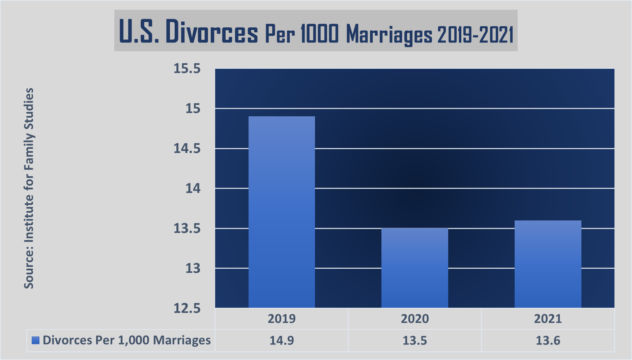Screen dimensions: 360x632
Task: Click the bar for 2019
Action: click(x=282, y=212)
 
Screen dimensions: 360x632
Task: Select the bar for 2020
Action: click(x=414, y=268)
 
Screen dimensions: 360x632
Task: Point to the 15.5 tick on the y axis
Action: click(x=187, y=69)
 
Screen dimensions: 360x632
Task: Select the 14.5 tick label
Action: click(x=187, y=149)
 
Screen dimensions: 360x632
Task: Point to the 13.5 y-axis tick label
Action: click(x=187, y=229)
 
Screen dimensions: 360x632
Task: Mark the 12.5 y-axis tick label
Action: click(x=187, y=308)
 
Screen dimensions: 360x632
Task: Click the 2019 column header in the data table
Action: click(x=282, y=319)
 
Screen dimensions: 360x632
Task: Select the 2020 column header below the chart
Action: click(x=414, y=319)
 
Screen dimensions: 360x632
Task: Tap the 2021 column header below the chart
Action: click(x=548, y=319)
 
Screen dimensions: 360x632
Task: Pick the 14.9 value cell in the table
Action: click(x=282, y=340)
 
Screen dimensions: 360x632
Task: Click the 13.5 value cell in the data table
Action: click(x=414, y=340)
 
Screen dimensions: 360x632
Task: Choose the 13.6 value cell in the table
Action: click(x=548, y=340)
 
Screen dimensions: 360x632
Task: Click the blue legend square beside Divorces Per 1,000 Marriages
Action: click(x=35, y=340)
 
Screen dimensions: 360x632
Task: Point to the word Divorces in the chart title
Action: click(x=211, y=32)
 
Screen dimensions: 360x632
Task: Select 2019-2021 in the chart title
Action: click(x=475, y=34)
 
